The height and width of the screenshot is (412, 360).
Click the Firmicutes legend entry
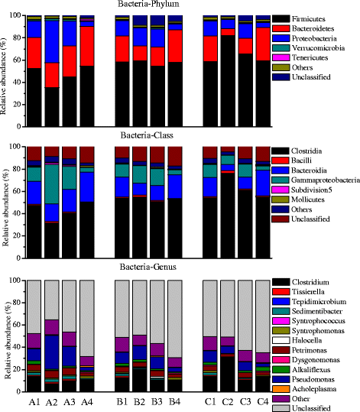[311, 18]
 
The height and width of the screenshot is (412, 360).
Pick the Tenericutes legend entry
[313, 57]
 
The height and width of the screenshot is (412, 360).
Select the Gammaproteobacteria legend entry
[322, 179]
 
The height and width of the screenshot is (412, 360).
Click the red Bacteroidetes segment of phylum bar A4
[87, 46]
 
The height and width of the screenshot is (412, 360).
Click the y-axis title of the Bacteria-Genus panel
[8, 336]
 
